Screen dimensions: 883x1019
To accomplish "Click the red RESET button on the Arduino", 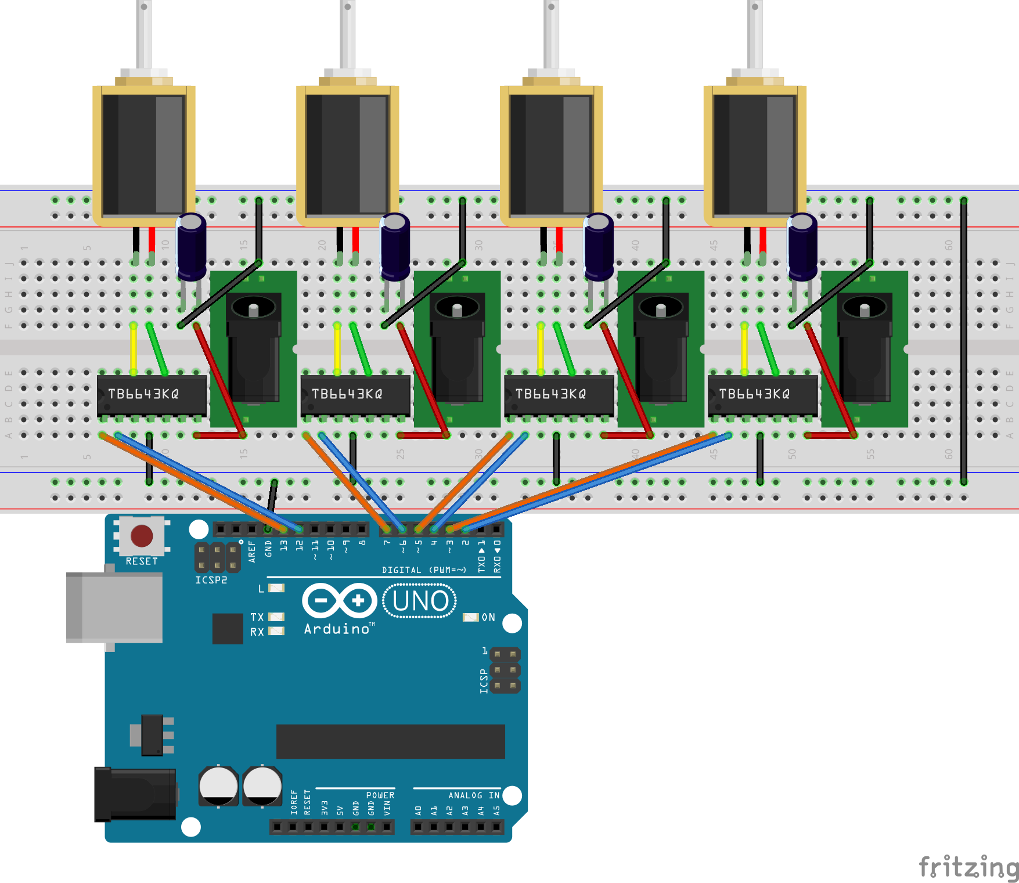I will (x=142, y=536).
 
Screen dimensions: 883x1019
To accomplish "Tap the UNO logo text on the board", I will (x=420, y=601).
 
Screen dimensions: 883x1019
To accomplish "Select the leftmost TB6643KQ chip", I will (x=152, y=395).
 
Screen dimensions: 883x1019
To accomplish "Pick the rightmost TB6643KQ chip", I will (x=762, y=395).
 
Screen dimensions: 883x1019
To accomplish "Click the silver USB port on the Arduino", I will (x=114, y=607).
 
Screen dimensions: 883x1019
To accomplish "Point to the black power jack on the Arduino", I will (x=136, y=794).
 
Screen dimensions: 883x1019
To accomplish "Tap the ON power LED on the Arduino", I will (x=470, y=617).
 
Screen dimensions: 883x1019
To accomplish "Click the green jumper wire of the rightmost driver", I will (x=769, y=348).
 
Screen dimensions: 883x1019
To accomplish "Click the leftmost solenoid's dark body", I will (x=144, y=154).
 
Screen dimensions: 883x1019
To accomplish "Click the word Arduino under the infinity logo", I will (x=337, y=629).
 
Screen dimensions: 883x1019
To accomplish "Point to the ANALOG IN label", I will (x=473, y=795).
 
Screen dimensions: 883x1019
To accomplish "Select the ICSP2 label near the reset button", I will (x=211, y=580).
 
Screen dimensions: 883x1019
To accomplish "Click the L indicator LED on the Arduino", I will (x=277, y=588).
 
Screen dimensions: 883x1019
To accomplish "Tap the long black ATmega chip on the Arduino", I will (x=390, y=741).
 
